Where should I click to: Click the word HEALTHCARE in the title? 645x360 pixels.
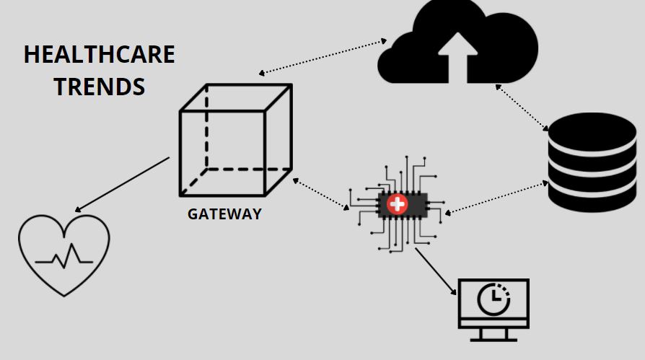[x=99, y=55]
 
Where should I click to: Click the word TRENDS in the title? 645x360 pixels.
[x=99, y=87]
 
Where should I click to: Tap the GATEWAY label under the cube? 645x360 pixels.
[x=224, y=214]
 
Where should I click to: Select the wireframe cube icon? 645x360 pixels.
[x=235, y=140]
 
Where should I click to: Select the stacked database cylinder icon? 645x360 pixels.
[x=592, y=162]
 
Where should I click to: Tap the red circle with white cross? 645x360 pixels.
[x=397, y=204]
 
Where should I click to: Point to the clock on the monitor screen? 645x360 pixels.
[x=493, y=299]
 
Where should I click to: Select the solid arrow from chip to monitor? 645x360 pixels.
[x=436, y=271]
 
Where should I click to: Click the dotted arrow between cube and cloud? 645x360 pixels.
[x=322, y=57]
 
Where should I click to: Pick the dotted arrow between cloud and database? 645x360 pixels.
[x=522, y=108]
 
